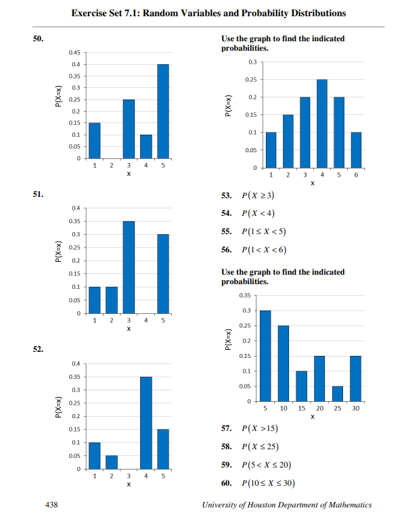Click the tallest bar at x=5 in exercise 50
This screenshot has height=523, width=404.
163,112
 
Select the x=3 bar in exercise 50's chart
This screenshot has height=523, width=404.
129,129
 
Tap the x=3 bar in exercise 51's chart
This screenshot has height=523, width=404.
129,267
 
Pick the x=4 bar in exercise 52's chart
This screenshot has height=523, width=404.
145,423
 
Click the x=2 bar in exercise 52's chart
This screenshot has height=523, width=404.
111,462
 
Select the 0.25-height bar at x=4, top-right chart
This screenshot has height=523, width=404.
322,123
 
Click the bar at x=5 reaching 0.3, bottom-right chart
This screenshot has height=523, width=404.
265,356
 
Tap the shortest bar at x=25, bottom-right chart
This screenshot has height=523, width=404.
338,394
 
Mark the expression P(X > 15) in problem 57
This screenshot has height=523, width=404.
257,429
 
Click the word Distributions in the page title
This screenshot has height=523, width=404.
313,13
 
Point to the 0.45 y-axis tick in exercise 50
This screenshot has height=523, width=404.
74,53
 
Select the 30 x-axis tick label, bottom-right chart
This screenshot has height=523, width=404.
355,409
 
